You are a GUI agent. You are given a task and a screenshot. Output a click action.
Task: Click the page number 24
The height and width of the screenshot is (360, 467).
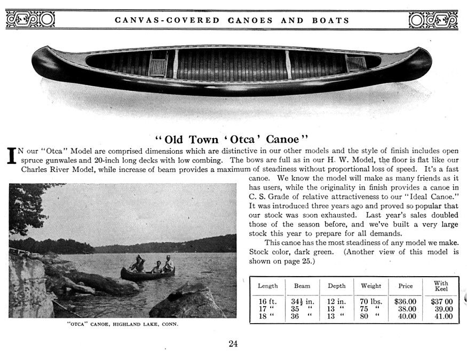[233, 344]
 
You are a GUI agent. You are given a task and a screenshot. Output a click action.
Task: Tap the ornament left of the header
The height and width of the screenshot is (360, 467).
[30, 20]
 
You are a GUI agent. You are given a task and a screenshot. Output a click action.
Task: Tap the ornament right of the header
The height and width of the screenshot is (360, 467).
[433, 20]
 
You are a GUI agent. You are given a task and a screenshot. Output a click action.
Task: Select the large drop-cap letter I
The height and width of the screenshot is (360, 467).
[11, 155]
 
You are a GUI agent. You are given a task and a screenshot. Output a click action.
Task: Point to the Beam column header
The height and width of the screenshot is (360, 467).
[302, 286]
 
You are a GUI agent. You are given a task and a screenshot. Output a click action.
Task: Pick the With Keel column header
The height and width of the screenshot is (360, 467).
[441, 286]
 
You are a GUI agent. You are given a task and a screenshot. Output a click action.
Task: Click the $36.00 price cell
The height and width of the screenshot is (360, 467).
[405, 302]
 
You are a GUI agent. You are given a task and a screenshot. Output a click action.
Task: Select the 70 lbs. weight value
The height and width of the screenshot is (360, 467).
[371, 302]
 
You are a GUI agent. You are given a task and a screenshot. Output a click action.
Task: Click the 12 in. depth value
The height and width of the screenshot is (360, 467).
[336, 302]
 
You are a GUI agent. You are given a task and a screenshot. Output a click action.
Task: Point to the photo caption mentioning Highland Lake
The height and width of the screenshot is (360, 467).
[122, 324]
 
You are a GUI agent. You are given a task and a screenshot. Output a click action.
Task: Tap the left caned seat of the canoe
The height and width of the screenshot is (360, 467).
[157, 66]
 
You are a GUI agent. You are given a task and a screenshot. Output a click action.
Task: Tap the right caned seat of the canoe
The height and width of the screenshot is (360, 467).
[355, 63]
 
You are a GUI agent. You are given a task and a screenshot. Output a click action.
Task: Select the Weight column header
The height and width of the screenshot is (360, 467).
[371, 286]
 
